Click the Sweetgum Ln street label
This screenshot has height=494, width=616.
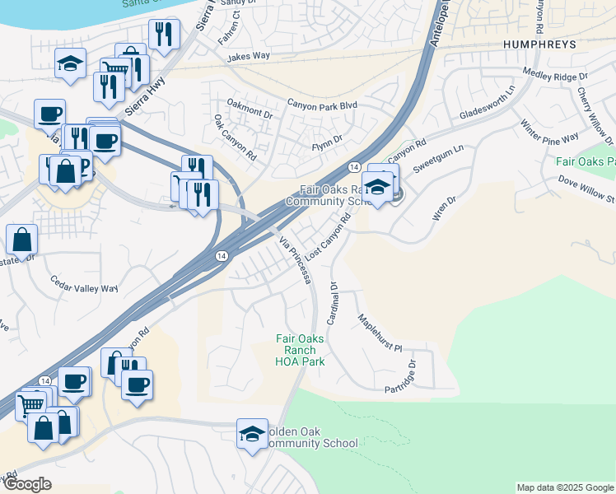[439, 157]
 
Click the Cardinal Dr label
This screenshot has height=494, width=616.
[333, 303]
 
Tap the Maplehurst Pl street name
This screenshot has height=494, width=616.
[380, 333]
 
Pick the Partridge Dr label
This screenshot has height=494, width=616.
[413, 374]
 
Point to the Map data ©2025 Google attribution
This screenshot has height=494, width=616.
[564, 487]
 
